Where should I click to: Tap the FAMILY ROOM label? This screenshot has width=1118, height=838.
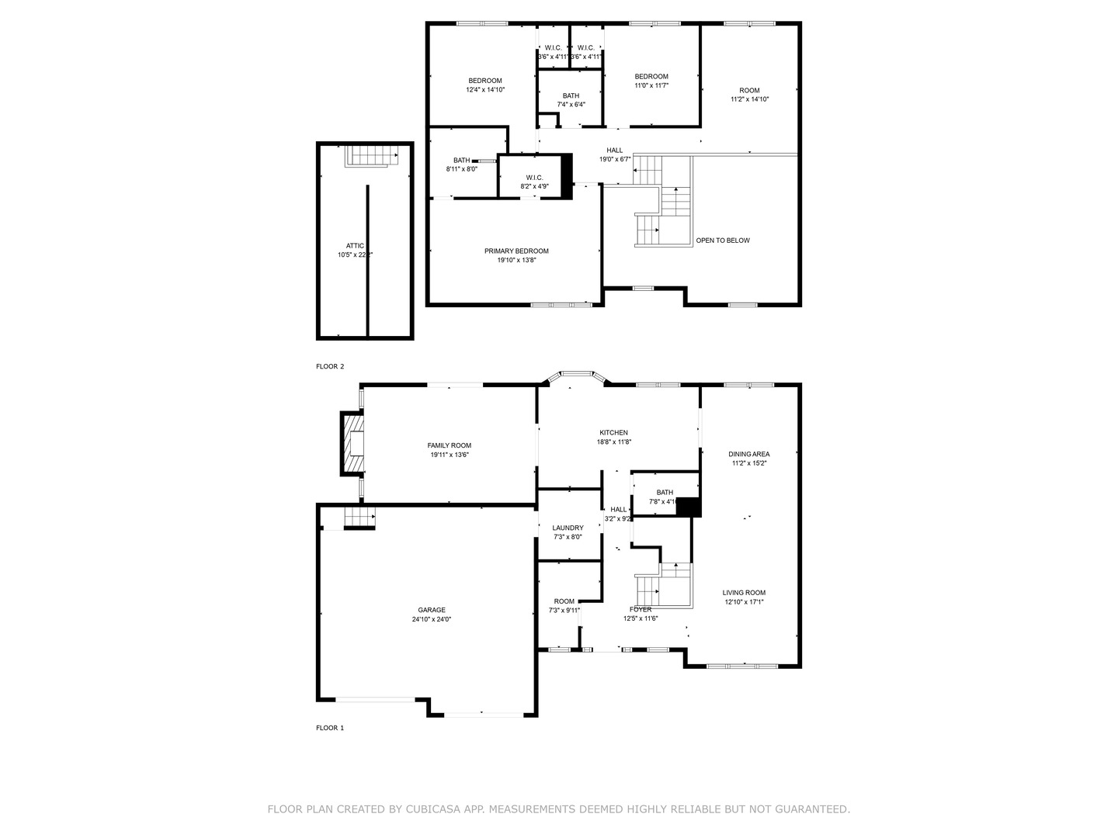(450, 445)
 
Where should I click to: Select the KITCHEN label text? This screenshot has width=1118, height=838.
(613, 433)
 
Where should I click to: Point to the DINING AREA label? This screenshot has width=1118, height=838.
(749, 454)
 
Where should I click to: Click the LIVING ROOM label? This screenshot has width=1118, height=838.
(744, 593)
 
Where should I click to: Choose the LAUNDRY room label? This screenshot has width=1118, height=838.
(568, 528)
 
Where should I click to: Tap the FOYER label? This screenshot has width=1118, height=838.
(641, 609)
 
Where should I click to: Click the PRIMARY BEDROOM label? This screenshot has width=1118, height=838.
(516, 251)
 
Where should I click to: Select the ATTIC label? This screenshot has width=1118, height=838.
(355, 246)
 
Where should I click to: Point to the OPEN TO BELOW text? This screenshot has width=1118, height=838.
(723, 241)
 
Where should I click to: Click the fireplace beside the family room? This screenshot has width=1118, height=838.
(353, 443)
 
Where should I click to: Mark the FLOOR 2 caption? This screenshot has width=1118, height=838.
(330, 366)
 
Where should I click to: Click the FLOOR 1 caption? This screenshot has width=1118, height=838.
(330, 728)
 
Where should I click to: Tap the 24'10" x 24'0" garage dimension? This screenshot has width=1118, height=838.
(431, 619)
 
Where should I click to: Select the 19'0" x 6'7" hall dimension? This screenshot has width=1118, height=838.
(614, 159)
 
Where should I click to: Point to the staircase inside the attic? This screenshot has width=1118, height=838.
(370, 155)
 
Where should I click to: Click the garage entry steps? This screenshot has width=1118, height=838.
(359, 515)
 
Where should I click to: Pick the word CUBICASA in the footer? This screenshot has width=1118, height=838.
(433, 809)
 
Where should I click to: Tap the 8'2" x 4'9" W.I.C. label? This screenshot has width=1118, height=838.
(534, 186)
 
